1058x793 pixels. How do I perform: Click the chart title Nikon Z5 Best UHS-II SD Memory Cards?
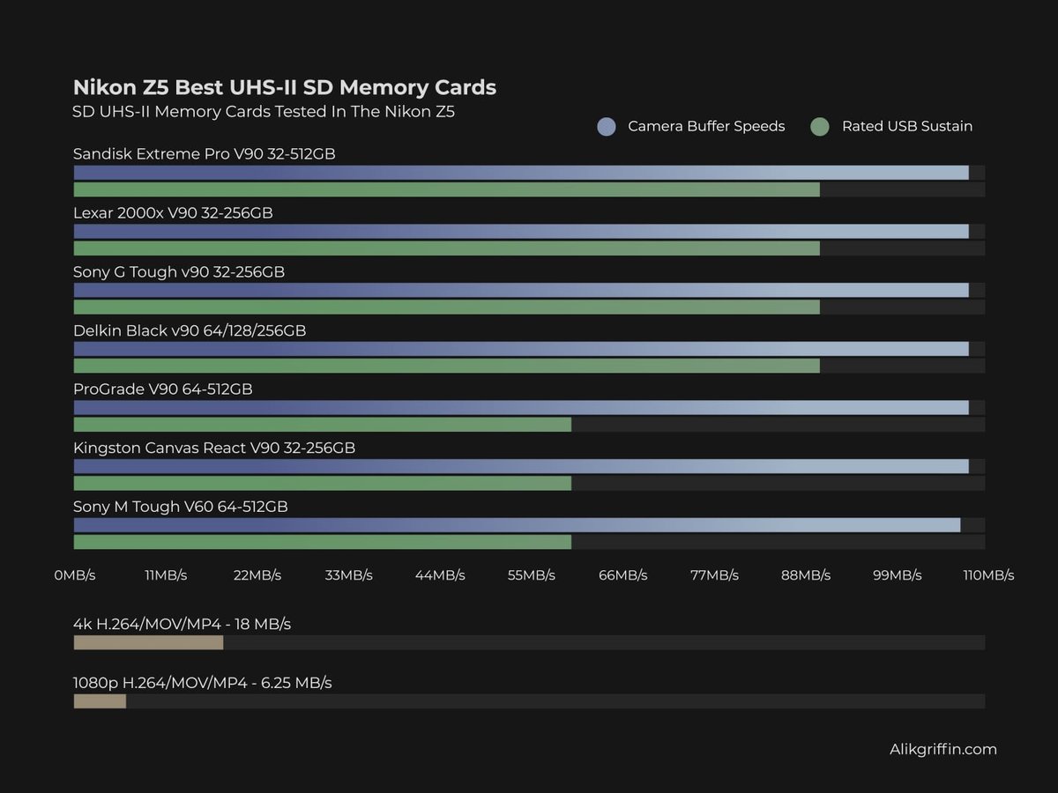click(x=284, y=87)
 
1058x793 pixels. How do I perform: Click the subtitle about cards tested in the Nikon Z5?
click(x=264, y=112)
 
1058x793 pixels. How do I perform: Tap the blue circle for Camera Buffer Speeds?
click(x=606, y=127)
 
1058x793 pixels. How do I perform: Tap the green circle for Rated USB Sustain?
click(x=820, y=127)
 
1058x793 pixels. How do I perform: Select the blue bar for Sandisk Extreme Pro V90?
click(x=520, y=173)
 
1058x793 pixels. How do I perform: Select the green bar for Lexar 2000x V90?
click(x=446, y=248)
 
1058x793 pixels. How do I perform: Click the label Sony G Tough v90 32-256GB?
click(x=179, y=271)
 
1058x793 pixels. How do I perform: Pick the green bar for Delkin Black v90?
click(x=446, y=366)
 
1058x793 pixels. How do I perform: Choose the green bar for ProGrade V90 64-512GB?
click(x=322, y=425)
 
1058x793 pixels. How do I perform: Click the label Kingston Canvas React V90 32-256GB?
click(x=214, y=448)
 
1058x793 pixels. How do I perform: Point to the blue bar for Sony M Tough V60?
click(x=517, y=525)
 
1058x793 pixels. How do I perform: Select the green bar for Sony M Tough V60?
click(x=322, y=542)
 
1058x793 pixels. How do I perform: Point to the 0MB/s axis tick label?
click(x=74, y=575)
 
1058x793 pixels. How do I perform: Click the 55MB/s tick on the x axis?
click(x=532, y=575)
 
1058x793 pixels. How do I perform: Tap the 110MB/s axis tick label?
click(x=988, y=575)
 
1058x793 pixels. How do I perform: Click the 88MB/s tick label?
click(x=806, y=575)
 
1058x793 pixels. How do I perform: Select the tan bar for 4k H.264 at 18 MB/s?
click(x=148, y=643)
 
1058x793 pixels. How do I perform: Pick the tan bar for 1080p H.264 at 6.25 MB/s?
click(x=100, y=701)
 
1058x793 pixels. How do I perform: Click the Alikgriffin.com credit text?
click(x=943, y=750)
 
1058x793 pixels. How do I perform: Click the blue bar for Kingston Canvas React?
click(x=520, y=466)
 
